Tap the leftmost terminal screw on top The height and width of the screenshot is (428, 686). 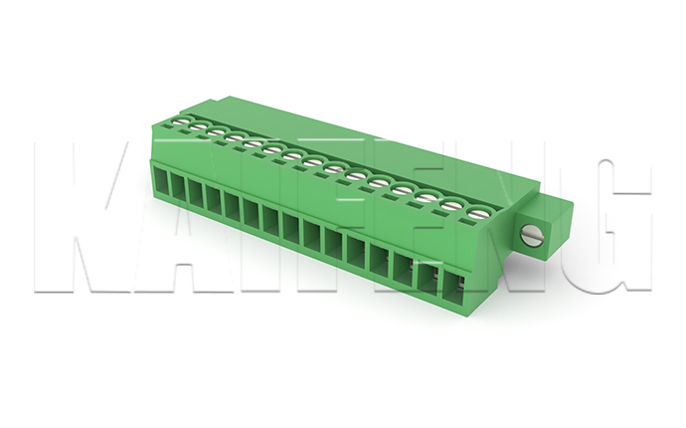[x=183, y=120]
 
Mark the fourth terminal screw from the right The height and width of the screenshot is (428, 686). [x=402, y=190]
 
